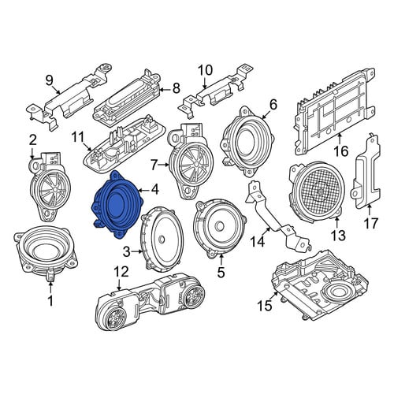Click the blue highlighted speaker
coord(117,205)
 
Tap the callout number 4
coord(155,189)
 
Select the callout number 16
coord(341,151)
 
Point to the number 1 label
coord(50,300)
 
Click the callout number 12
coord(121,272)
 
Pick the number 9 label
coord(50,80)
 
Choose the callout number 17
coord(370,224)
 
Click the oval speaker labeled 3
coord(162,239)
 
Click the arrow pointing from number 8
coord(165,90)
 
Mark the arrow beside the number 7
coord(165,165)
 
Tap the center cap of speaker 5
coord(220,226)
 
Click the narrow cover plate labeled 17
coord(366,171)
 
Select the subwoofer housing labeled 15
coord(320,286)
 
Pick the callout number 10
coord(205,70)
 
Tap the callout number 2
coord(32,141)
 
